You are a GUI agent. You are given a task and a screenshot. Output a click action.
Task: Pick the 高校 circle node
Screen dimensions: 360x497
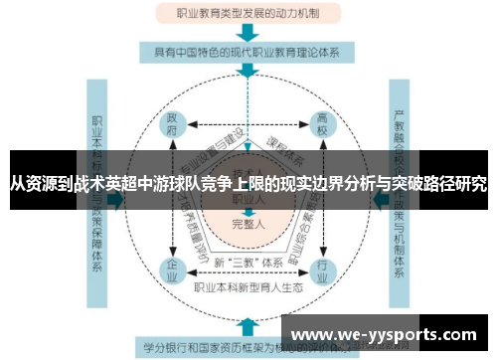pos(322,124)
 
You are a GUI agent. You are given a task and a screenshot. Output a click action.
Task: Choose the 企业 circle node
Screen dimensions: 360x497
pos(174,268)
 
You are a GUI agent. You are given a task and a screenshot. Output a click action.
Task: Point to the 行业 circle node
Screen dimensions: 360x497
pos(322,268)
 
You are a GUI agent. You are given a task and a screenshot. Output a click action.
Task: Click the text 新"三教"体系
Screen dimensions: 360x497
pos(248,262)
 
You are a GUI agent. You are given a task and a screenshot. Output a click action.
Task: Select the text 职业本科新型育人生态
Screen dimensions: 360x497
pos(248,287)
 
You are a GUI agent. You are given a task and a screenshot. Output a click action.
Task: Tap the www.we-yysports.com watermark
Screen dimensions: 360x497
pos(388,334)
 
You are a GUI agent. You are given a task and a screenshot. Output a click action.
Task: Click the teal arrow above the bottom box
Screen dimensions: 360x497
pos(246,326)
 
